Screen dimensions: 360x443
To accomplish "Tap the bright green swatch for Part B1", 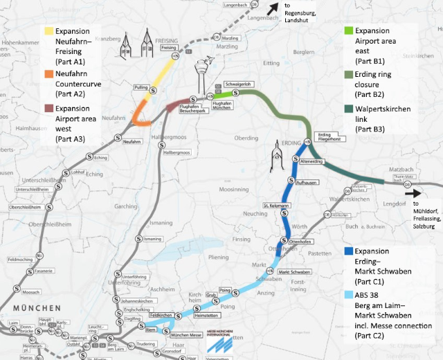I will click(348, 31).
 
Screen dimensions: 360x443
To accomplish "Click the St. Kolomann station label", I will click(275, 206).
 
